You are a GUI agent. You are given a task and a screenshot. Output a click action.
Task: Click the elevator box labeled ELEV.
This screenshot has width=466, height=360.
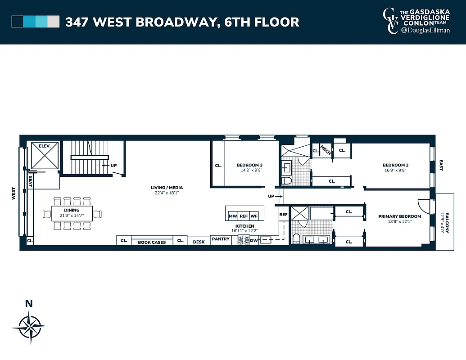point(44,155)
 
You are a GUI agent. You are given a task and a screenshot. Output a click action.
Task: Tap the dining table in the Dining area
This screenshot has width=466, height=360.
point(72,213)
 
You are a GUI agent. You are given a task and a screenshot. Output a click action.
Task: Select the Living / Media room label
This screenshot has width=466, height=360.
point(167,188)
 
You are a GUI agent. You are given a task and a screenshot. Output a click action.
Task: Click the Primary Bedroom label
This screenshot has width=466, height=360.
point(399,216)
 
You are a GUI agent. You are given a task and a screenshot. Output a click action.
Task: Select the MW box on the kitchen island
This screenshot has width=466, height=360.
point(233,216)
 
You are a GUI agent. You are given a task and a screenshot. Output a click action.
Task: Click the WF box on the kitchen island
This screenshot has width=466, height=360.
point(254,216)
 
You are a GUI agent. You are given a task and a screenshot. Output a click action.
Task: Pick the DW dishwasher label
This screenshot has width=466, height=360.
point(253,241)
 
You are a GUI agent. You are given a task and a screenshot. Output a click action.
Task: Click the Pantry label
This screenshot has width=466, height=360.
point(221,239)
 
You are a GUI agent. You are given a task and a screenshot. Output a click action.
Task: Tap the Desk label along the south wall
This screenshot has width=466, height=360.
point(199,242)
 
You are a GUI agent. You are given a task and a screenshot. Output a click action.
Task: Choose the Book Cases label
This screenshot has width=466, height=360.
point(152,242)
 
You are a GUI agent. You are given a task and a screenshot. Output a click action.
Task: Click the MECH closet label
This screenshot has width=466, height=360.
point(326,151)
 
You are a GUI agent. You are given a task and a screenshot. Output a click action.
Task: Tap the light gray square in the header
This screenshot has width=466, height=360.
point(54,22)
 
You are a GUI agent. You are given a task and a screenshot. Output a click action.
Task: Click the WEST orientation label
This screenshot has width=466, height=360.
point(14,194)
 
